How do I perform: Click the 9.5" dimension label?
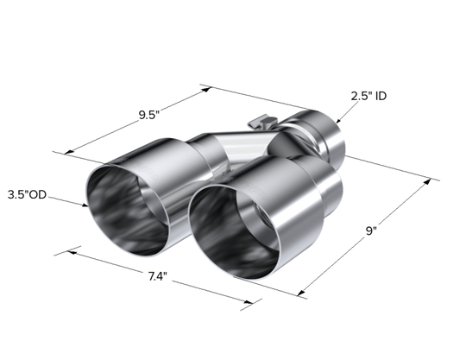click(149, 115)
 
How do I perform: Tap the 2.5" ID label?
click(368, 96)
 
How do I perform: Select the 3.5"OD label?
click(27, 195)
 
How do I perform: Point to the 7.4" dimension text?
click(158, 277)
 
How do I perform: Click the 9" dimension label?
click(371, 231)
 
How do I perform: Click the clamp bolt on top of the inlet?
click(262, 122)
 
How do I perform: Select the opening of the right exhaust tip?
click(234, 232)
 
